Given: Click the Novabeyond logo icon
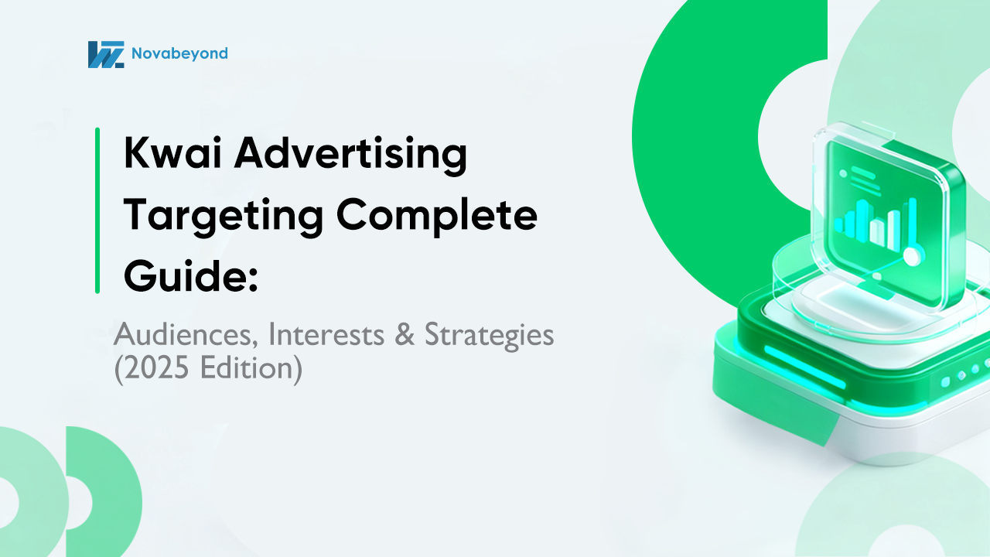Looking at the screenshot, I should [x=106, y=54].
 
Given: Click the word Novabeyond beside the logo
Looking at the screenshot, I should [x=179, y=53].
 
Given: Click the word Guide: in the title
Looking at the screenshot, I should [x=190, y=276].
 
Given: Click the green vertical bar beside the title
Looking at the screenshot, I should [x=97, y=210].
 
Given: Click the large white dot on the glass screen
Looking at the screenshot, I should [x=913, y=256].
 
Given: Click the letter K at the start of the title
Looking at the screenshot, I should [x=137, y=155].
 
